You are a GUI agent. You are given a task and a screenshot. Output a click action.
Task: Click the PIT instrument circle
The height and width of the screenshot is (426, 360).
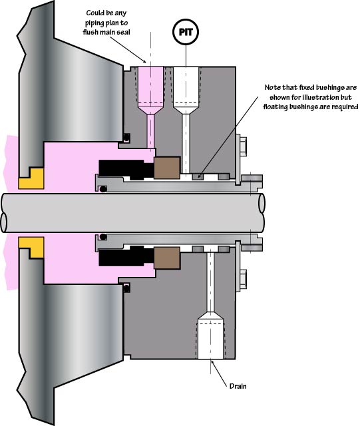(186, 32)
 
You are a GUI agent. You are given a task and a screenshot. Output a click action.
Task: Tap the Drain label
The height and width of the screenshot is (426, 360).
(238, 386)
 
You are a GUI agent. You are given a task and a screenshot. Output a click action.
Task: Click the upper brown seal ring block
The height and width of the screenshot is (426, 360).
(167, 168)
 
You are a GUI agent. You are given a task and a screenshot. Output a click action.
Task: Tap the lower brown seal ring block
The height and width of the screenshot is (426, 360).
(167, 258)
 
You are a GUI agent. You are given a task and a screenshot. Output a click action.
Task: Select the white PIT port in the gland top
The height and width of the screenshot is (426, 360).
(186, 120)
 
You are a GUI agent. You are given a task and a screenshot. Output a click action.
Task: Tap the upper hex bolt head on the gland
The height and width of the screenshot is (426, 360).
(243, 146)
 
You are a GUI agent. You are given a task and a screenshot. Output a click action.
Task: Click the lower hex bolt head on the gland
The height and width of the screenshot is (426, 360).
(243, 280)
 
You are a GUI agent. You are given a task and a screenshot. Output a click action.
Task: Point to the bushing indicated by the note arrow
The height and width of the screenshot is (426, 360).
(198, 176)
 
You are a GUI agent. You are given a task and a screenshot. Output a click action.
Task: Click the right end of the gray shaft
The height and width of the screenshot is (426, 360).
(262, 212)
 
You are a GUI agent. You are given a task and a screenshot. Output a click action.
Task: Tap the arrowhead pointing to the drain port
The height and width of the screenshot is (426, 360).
(213, 363)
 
